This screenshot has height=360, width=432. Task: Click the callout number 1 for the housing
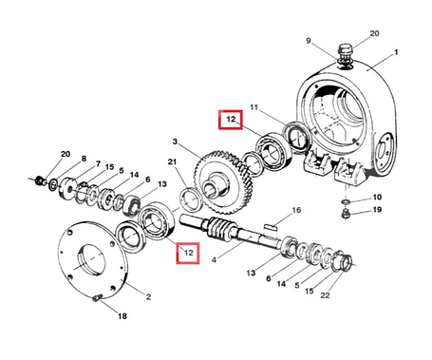click(x=396, y=52)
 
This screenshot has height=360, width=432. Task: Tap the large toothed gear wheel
click(x=224, y=182)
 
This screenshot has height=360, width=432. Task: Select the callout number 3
click(x=175, y=142)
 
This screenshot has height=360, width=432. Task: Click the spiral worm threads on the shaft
click(x=219, y=228)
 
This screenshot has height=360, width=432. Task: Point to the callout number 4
click(x=215, y=260)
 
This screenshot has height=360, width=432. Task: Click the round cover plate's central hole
click(x=90, y=259)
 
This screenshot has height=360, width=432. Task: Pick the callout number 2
click(x=148, y=297)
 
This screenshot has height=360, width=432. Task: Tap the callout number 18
click(x=122, y=316)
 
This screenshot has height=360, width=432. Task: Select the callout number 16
click(x=296, y=210)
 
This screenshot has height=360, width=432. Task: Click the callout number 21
click(x=172, y=162)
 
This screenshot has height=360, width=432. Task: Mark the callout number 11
click(x=254, y=107)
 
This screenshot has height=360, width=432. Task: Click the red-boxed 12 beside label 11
click(x=231, y=120)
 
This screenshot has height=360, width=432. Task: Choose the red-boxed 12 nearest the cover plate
click(x=188, y=253)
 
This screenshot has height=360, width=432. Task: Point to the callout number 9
click(x=309, y=41)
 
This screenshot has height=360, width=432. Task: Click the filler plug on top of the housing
click(x=345, y=52)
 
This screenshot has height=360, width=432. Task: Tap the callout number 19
click(x=377, y=210)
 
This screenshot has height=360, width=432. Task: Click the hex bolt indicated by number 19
click(x=346, y=214)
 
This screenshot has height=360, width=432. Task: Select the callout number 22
click(x=325, y=295)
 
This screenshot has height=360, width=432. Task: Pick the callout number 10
click(x=377, y=198)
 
